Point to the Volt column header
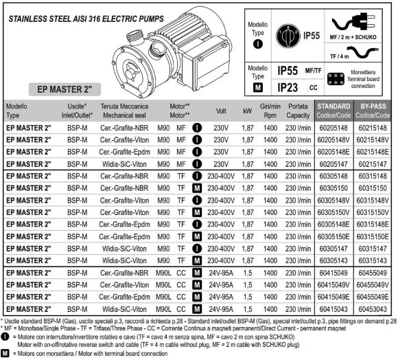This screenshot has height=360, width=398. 221,111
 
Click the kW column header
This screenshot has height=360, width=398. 247,111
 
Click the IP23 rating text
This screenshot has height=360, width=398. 292,87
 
